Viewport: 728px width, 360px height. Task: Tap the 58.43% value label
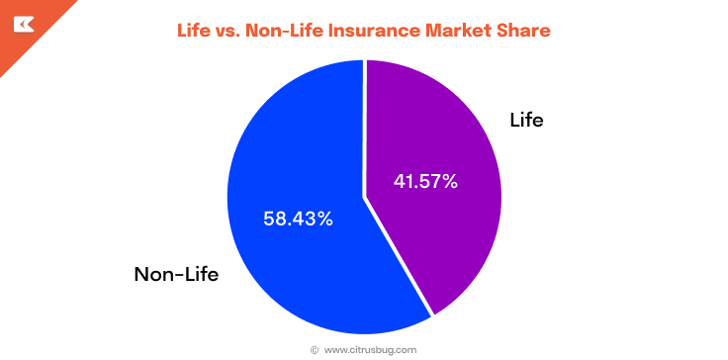pos(298,219)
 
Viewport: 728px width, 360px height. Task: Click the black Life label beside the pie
pos(526,121)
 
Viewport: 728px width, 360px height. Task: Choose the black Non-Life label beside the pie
pos(176,274)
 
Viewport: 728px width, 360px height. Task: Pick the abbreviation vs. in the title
pos(235,31)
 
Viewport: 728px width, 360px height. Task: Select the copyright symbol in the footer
pos(315,349)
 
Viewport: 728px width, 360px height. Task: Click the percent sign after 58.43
pos(325,219)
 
